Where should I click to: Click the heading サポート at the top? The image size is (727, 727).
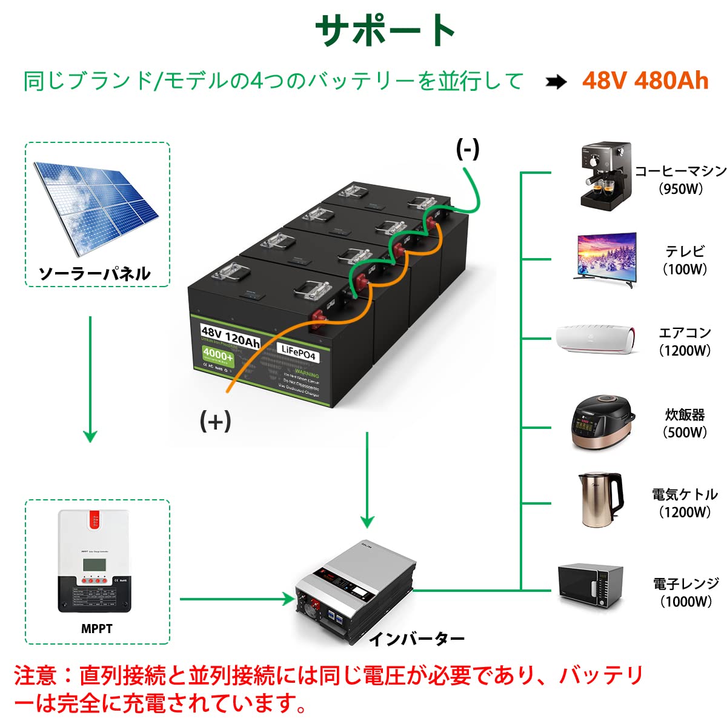pyautogui.click(x=385, y=30)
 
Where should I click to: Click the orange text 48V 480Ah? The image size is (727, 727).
pyautogui.click(x=645, y=81)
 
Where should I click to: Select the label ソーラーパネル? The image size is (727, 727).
pyautogui.click(x=95, y=274)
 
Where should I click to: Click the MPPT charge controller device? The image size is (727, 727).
pyautogui.click(x=94, y=561)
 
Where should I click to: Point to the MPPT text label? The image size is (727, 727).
pyautogui.click(x=97, y=629)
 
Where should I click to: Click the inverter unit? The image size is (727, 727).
pyautogui.click(x=355, y=591)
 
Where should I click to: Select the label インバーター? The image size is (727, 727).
pyautogui.click(x=416, y=639)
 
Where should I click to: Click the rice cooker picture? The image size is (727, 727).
pyautogui.click(x=603, y=423)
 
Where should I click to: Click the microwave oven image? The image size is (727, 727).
pyautogui.click(x=590, y=586)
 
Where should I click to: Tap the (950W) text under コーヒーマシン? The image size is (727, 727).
pyautogui.click(x=681, y=189)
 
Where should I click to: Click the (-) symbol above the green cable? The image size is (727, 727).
pyautogui.click(x=467, y=149)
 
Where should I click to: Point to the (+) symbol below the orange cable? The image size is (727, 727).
pyautogui.click(x=215, y=420)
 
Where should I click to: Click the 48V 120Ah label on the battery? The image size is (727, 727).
pyautogui.click(x=230, y=336)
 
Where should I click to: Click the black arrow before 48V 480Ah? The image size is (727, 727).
pyautogui.click(x=556, y=82)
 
